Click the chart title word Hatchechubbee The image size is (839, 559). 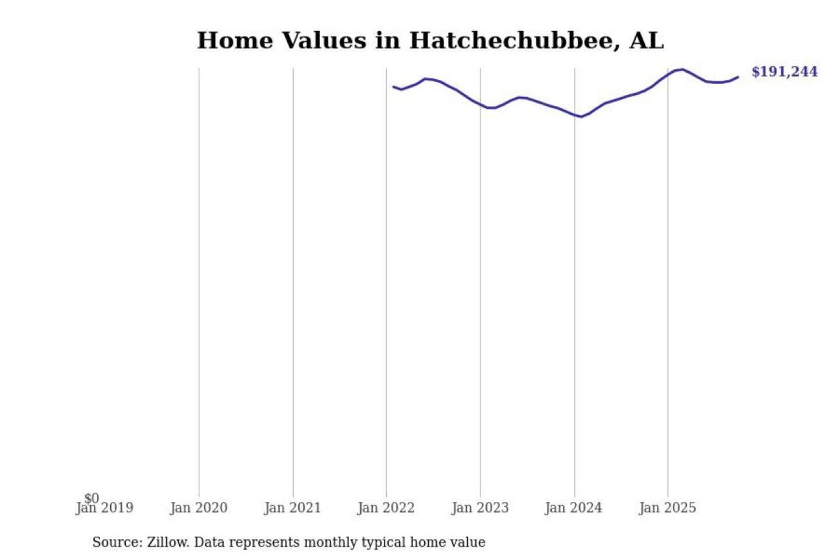point(514,41)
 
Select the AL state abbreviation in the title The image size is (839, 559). point(646,41)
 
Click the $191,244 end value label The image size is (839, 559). point(784,72)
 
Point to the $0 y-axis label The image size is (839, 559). point(91,498)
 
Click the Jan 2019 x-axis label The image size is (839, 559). point(105,508)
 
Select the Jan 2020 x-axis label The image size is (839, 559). point(199,508)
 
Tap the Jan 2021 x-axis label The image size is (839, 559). point(292,508)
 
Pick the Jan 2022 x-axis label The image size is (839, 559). point(386,508)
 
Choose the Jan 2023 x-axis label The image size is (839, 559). point(480,508)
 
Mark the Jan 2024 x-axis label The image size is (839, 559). point(573,508)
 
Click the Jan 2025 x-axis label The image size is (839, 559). point(667,508)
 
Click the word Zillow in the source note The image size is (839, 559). point(167,542)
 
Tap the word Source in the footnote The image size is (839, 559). point(117,542)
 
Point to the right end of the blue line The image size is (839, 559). point(738,77)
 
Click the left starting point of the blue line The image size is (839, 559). point(393,87)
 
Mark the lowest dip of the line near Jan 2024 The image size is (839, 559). point(581,116)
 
